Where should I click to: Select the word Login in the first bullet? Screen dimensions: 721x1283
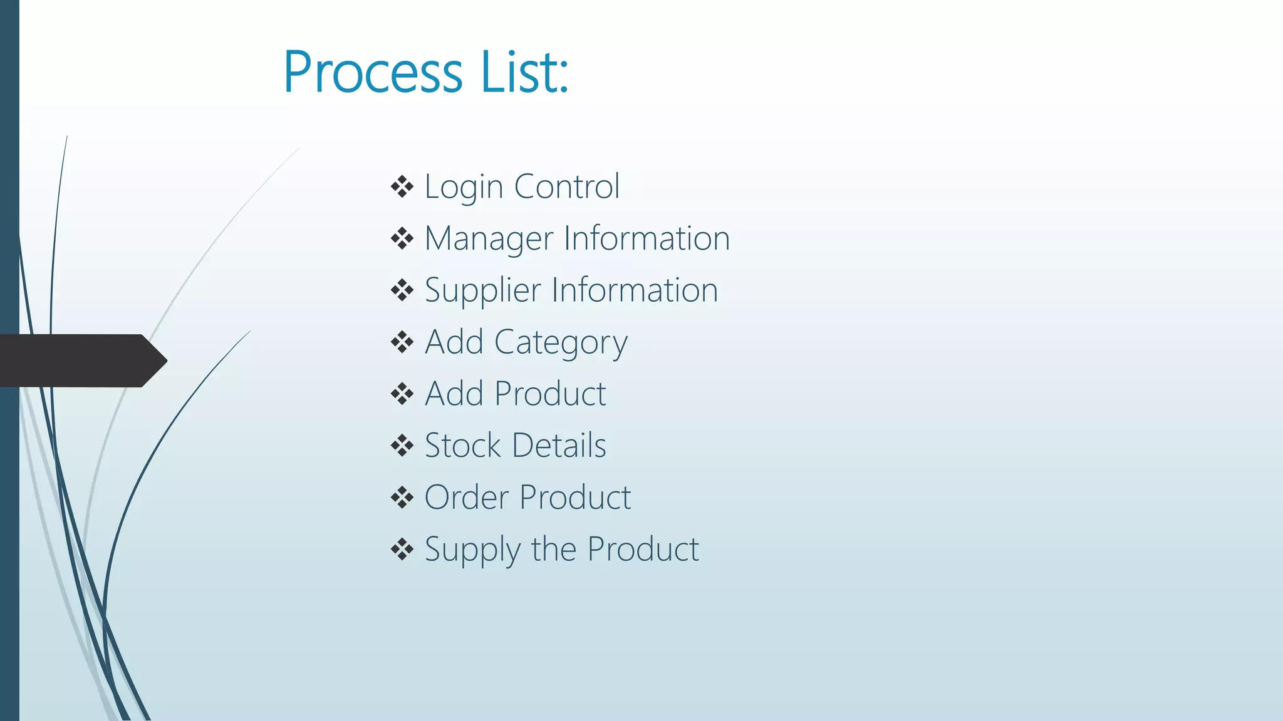pyautogui.click(x=464, y=187)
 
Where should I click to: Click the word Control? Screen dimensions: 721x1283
pyautogui.click(x=567, y=187)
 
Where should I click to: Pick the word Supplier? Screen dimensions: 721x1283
pyautogui.click(x=482, y=291)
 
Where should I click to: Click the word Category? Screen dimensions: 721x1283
pyautogui.click(x=561, y=343)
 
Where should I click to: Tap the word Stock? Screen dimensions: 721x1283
pyautogui.click(x=462, y=446)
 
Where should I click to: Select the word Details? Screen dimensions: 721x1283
pyautogui.click(x=559, y=446)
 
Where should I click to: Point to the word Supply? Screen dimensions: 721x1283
pyautogui.click(x=472, y=550)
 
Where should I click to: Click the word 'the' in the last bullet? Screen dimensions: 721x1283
pyautogui.click(x=553, y=550)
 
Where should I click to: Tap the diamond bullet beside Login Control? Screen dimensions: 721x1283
pyautogui.click(x=402, y=187)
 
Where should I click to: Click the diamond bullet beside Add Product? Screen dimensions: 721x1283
pyautogui.click(x=402, y=394)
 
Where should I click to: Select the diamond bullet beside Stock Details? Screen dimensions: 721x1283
pyautogui.click(x=402, y=446)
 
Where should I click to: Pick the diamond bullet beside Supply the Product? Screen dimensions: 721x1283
pyautogui.click(x=402, y=550)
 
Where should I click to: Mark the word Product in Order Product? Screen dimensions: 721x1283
pyautogui.click(x=575, y=498)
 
